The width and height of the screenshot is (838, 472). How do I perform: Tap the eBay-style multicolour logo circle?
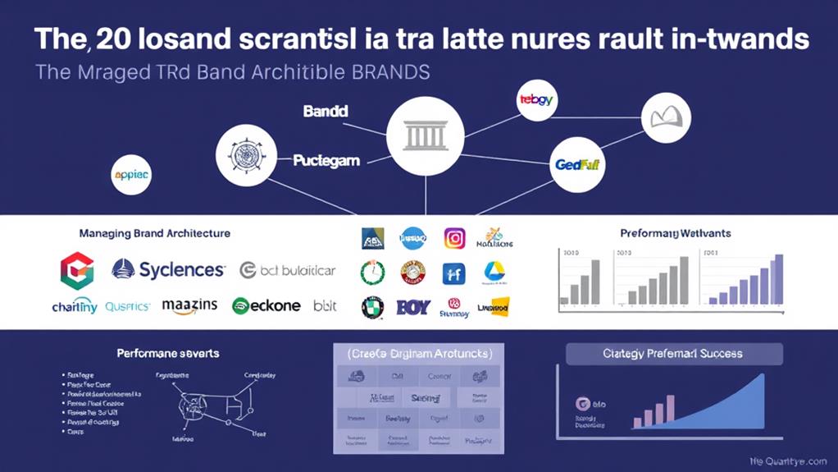pyautogui.click(x=536, y=100)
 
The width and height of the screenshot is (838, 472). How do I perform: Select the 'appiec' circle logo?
pyautogui.click(x=131, y=175)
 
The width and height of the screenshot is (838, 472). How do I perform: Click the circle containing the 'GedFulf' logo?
pyautogui.click(x=576, y=164)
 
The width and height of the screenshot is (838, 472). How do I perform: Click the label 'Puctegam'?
pyautogui.click(x=326, y=160)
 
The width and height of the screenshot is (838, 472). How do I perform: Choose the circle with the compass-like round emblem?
pyautogui.click(x=246, y=154)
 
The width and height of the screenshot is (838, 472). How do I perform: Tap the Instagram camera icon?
pyautogui.click(x=454, y=239)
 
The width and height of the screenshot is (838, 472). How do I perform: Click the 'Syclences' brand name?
pyautogui.click(x=180, y=269)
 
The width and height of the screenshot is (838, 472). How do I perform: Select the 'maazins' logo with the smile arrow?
pyautogui.click(x=189, y=306)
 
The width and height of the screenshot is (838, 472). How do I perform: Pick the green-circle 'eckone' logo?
pyautogui.click(x=266, y=306)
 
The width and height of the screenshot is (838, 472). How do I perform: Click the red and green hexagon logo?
pyautogui.click(x=77, y=270)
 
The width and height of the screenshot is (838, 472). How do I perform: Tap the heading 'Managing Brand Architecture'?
pyautogui.click(x=154, y=234)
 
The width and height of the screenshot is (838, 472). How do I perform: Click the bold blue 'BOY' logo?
pyautogui.click(x=413, y=308)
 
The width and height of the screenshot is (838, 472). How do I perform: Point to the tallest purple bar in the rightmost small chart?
pyautogui.click(x=778, y=279)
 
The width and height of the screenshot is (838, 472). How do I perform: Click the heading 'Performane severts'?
pyautogui.click(x=167, y=353)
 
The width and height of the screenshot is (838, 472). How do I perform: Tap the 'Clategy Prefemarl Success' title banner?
pyautogui.click(x=673, y=354)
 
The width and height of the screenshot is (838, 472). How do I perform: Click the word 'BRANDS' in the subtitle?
pyautogui.click(x=387, y=72)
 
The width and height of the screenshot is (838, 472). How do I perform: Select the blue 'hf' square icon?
pyautogui.click(x=453, y=273)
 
